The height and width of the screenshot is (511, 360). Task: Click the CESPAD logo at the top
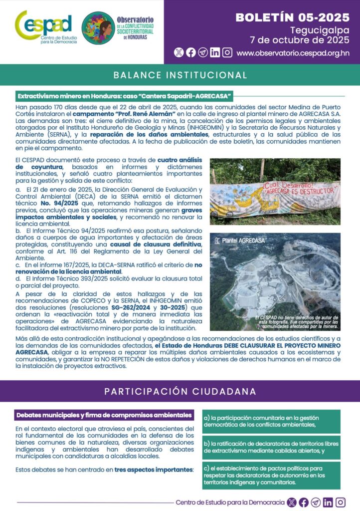pyautogui.click(x=43, y=26)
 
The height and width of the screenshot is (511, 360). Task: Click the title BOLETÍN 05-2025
pyautogui.click(x=292, y=17)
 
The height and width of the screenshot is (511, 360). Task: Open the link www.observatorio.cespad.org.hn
pyautogui.click(x=293, y=52)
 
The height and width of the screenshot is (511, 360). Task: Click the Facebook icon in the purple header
pyautogui.click(x=191, y=52)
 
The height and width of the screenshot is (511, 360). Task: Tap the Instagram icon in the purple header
pyautogui.click(x=227, y=52)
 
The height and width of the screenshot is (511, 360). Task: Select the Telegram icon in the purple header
pyautogui.click(x=203, y=52)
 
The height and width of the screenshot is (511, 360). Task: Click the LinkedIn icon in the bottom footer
pyautogui.click(x=328, y=503)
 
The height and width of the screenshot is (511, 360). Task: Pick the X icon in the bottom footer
pyautogui.click(x=292, y=503)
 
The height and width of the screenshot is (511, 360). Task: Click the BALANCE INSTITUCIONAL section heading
pyautogui.click(x=180, y=75)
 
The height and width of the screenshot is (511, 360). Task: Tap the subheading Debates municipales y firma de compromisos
pyautogui.click(x=104, y=415)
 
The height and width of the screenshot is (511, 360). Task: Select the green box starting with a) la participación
pyautogui.click(x=271, y=422)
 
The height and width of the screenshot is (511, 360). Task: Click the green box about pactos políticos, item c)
pyautogui.click(x=271, y=475)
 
